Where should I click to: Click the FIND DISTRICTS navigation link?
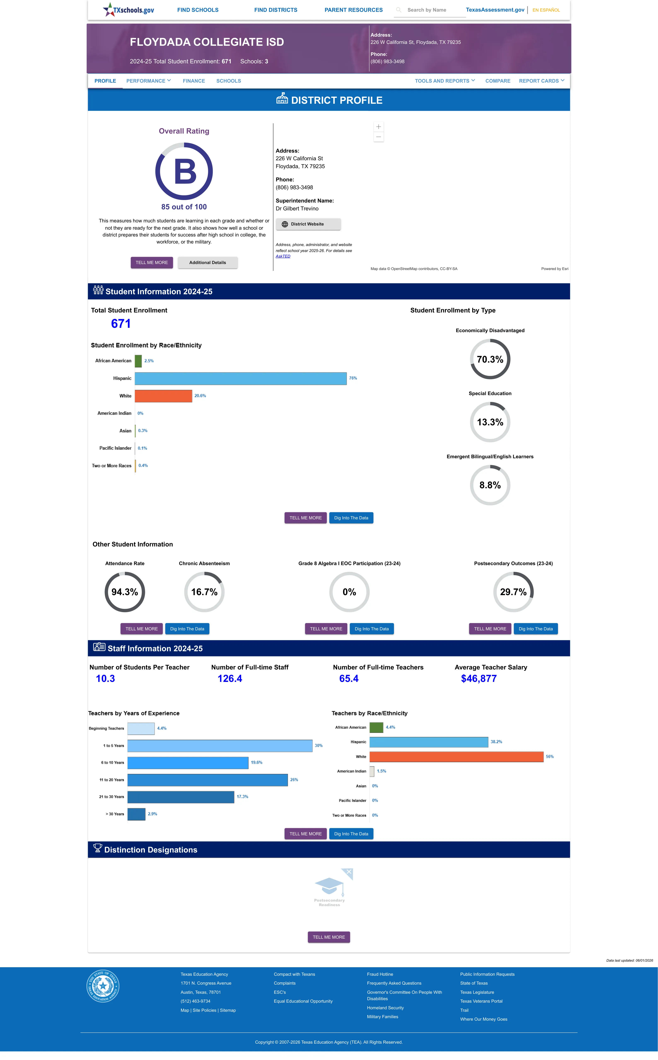[x=275, y=10]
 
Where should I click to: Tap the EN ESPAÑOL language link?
[x=546, y=10]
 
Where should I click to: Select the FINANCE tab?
[x=194, y=81]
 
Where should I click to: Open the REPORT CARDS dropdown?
[x=541, y=81]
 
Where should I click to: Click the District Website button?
[x=308, y=224]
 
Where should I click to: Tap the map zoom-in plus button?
[x=379, y=127]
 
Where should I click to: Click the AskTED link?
[x=283, y=256]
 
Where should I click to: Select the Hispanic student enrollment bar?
[x=241, y=378]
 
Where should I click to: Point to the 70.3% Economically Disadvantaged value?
[x=490, y=359]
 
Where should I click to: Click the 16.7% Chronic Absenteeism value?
[x=204, y=592]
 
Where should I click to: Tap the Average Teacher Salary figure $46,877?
[x=479, y=679]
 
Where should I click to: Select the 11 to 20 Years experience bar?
[x=208, y=780]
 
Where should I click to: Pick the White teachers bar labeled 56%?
[x=456, y=757]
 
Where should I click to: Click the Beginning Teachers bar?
[x=141, y=728]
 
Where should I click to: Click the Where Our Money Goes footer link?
[x=483, y=1019]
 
